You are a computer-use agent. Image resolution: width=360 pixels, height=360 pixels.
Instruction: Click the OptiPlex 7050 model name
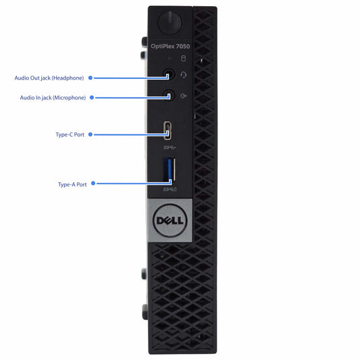click(170, 47)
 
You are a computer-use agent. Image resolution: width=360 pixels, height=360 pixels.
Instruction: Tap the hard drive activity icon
click(183, 58)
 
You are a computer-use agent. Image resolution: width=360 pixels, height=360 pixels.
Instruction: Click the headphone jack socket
click(169, 74)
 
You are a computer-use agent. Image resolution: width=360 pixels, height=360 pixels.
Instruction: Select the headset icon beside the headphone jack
click(183, 75)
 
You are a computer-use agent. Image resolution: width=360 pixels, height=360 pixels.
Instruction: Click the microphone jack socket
click(169, 95)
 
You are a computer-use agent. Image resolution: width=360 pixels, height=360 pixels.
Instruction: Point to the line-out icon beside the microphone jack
click(183, 96)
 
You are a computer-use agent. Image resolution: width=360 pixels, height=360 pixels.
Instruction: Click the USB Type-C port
click(168, 130)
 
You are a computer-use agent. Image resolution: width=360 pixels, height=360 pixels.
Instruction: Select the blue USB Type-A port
click(169, 170)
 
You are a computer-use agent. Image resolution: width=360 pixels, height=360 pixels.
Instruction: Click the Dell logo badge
click(170, 220)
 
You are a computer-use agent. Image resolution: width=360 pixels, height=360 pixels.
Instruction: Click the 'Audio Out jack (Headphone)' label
click(49, 78)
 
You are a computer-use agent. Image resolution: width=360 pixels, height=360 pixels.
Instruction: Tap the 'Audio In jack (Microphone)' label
click(53, 98)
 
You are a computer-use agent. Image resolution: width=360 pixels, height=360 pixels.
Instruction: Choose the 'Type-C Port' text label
click(70, 134)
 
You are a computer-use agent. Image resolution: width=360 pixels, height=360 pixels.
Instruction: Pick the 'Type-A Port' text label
click(72, 184)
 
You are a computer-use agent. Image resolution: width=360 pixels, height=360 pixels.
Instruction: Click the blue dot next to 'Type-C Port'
click(91, 134)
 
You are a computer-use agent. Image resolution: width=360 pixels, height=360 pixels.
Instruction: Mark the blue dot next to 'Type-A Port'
click(93, 183)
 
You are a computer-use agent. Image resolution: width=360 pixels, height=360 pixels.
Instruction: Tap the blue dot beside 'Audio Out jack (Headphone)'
click(91, 78)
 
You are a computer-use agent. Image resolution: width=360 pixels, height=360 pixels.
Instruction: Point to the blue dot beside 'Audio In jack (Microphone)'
click(92, 97)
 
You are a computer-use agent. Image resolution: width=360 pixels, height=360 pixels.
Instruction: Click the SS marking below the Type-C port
click(170, 148)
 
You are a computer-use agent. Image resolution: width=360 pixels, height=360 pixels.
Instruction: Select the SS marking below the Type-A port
click(170, 189)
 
